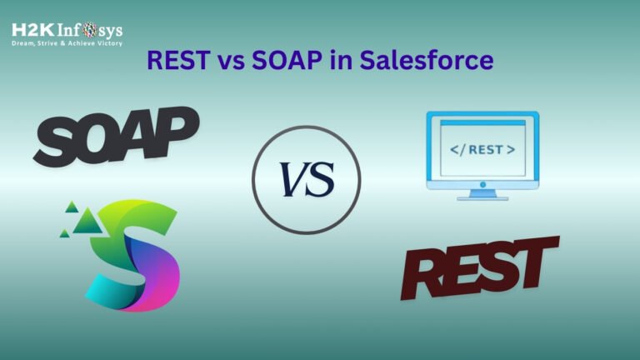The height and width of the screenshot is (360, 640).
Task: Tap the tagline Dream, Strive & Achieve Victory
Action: [67, 43]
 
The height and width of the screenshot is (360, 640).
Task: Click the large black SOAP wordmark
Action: [117, 137]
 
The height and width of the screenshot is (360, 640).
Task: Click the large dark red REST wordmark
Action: [480, 267]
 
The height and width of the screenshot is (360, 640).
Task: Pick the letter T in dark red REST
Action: [537, 257]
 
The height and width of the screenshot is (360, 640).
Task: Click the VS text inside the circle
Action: [306, 179]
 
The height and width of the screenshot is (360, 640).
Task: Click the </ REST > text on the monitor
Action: [482, 151]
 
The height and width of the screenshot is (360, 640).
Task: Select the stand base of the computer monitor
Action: [482, 197]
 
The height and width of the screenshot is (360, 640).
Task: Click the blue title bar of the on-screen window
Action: [482, 127]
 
